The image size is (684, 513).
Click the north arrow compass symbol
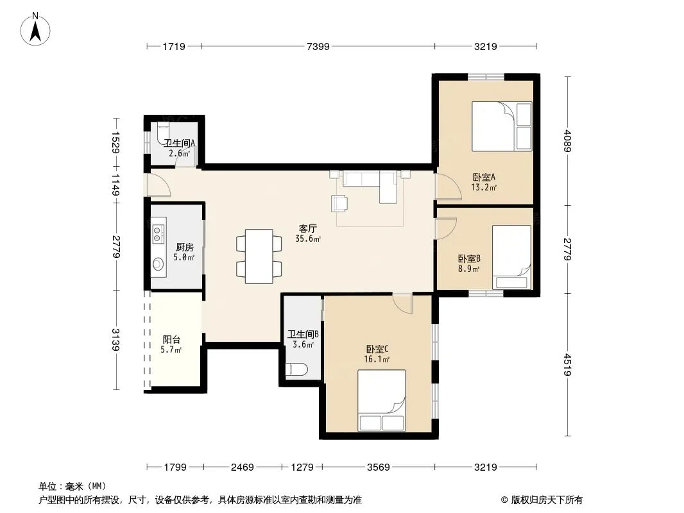[35, 29]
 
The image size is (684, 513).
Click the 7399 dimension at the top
[318, 46]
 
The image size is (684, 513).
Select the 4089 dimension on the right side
[567, 141]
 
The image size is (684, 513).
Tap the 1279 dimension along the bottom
[302, 467]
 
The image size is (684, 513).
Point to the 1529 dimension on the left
[115, 142]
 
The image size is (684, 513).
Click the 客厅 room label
[308, 228]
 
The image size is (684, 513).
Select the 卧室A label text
[484, 178]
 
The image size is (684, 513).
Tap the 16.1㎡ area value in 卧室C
[377, 359]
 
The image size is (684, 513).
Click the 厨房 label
[185, 247]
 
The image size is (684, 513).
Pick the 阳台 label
[171, 339]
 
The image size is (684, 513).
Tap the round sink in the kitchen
[158, 264]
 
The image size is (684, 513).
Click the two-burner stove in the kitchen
[158, 233]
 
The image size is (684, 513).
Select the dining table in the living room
[259, 256]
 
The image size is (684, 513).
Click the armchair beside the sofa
[339, 203]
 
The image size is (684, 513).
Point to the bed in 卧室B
[511, 257]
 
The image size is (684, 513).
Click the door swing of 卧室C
[402, 304]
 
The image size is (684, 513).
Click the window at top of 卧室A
[486, 77]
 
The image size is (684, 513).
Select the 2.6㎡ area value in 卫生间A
[179, 153]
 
